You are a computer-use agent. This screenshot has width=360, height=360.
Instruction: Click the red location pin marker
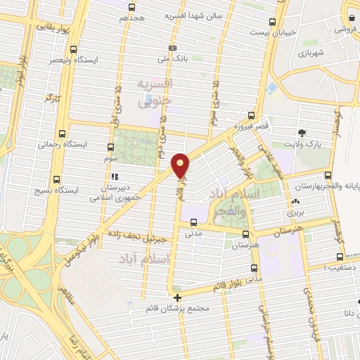181,165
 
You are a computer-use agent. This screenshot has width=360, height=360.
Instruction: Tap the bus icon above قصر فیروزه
252,115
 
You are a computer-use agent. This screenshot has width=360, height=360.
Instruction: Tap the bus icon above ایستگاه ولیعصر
75,49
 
